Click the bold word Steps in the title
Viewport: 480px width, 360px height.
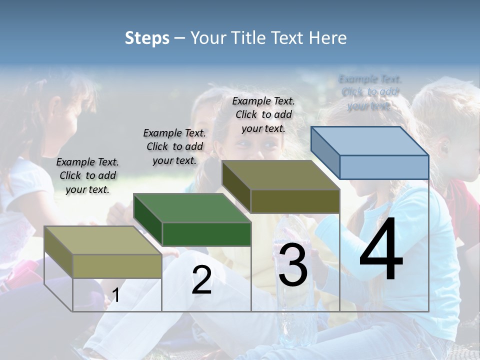tap(147, 38)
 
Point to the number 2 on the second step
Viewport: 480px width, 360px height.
tap(201, 280)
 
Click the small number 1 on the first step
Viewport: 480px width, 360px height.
tap(115, 295)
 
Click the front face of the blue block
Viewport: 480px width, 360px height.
tap(384, 167)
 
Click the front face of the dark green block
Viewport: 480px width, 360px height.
tap(206, 234)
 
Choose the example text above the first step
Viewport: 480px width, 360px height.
tap(87, 175)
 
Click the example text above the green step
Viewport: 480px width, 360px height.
tap(174, 146)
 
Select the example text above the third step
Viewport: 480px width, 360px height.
tap(263, 114)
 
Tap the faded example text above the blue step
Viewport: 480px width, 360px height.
tap(369, 92)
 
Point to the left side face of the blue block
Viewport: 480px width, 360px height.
tap(325, 152)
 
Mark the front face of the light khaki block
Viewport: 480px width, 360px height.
tap(117, 266)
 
